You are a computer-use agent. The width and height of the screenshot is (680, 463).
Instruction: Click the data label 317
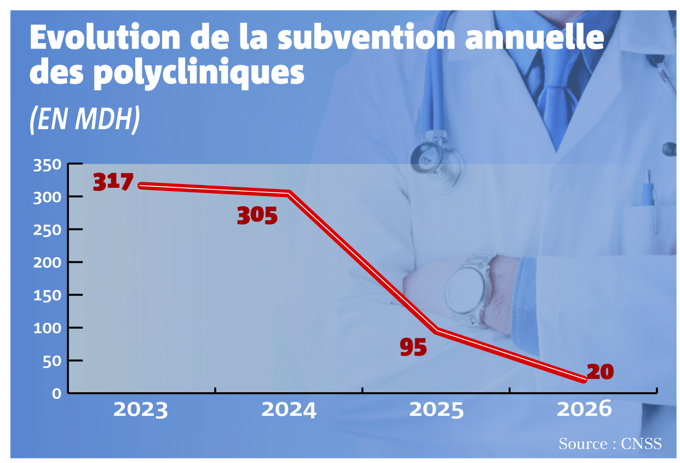point(113,182)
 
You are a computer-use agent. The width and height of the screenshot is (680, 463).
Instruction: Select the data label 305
point(257,216)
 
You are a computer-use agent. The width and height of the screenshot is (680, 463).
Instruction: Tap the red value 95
point(413,347)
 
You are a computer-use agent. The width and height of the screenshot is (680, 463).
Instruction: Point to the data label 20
point(600,371)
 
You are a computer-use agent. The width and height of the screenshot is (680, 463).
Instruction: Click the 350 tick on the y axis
point(47,166)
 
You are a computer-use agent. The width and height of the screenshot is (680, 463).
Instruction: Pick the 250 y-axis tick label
point(47,230)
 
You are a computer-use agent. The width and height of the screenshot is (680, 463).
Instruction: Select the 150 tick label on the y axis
point(47,295)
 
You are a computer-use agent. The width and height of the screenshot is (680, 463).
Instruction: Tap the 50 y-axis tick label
point(52,361)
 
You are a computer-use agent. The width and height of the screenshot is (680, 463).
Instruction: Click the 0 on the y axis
point(57,394)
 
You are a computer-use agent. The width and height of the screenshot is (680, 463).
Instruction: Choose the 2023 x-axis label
point(140,410)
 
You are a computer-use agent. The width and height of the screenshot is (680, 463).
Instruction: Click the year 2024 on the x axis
point(289,410)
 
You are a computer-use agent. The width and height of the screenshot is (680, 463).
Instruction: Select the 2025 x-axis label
point(436,410)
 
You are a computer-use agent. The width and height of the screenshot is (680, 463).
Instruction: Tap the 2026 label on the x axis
point(584,408)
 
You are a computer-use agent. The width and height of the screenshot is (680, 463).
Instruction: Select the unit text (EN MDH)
point(85,119)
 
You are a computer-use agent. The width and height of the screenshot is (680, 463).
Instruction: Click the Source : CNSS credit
point(610,444)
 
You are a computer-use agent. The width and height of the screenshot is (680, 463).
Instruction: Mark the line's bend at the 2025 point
point(436,331)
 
